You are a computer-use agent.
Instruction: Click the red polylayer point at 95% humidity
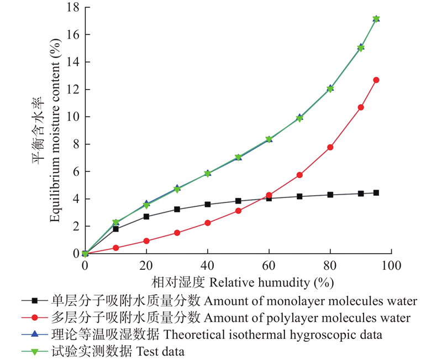click(376, 80)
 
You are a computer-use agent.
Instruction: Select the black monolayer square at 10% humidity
click(115, 229)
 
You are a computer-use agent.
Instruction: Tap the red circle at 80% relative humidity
click(330, 147)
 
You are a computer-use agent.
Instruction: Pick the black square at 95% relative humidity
click(376, 192)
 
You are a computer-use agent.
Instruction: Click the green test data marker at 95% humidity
click(376, 19)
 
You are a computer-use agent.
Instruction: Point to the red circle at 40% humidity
click(208, 223)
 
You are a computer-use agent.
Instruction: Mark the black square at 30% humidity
click(177, 209)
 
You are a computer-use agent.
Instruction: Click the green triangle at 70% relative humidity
click(299, 118)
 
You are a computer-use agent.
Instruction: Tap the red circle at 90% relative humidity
click(361, 107)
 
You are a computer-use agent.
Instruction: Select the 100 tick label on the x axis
click(391, 266)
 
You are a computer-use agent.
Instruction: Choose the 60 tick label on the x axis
click(269, 266)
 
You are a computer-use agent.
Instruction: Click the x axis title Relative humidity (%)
click(271, 283)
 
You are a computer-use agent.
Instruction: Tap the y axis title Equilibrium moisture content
click(55, 133)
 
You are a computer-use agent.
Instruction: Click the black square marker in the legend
click(35, 301)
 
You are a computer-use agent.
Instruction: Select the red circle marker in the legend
click(35, 318)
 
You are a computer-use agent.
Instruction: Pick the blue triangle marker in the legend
click(35, 335)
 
